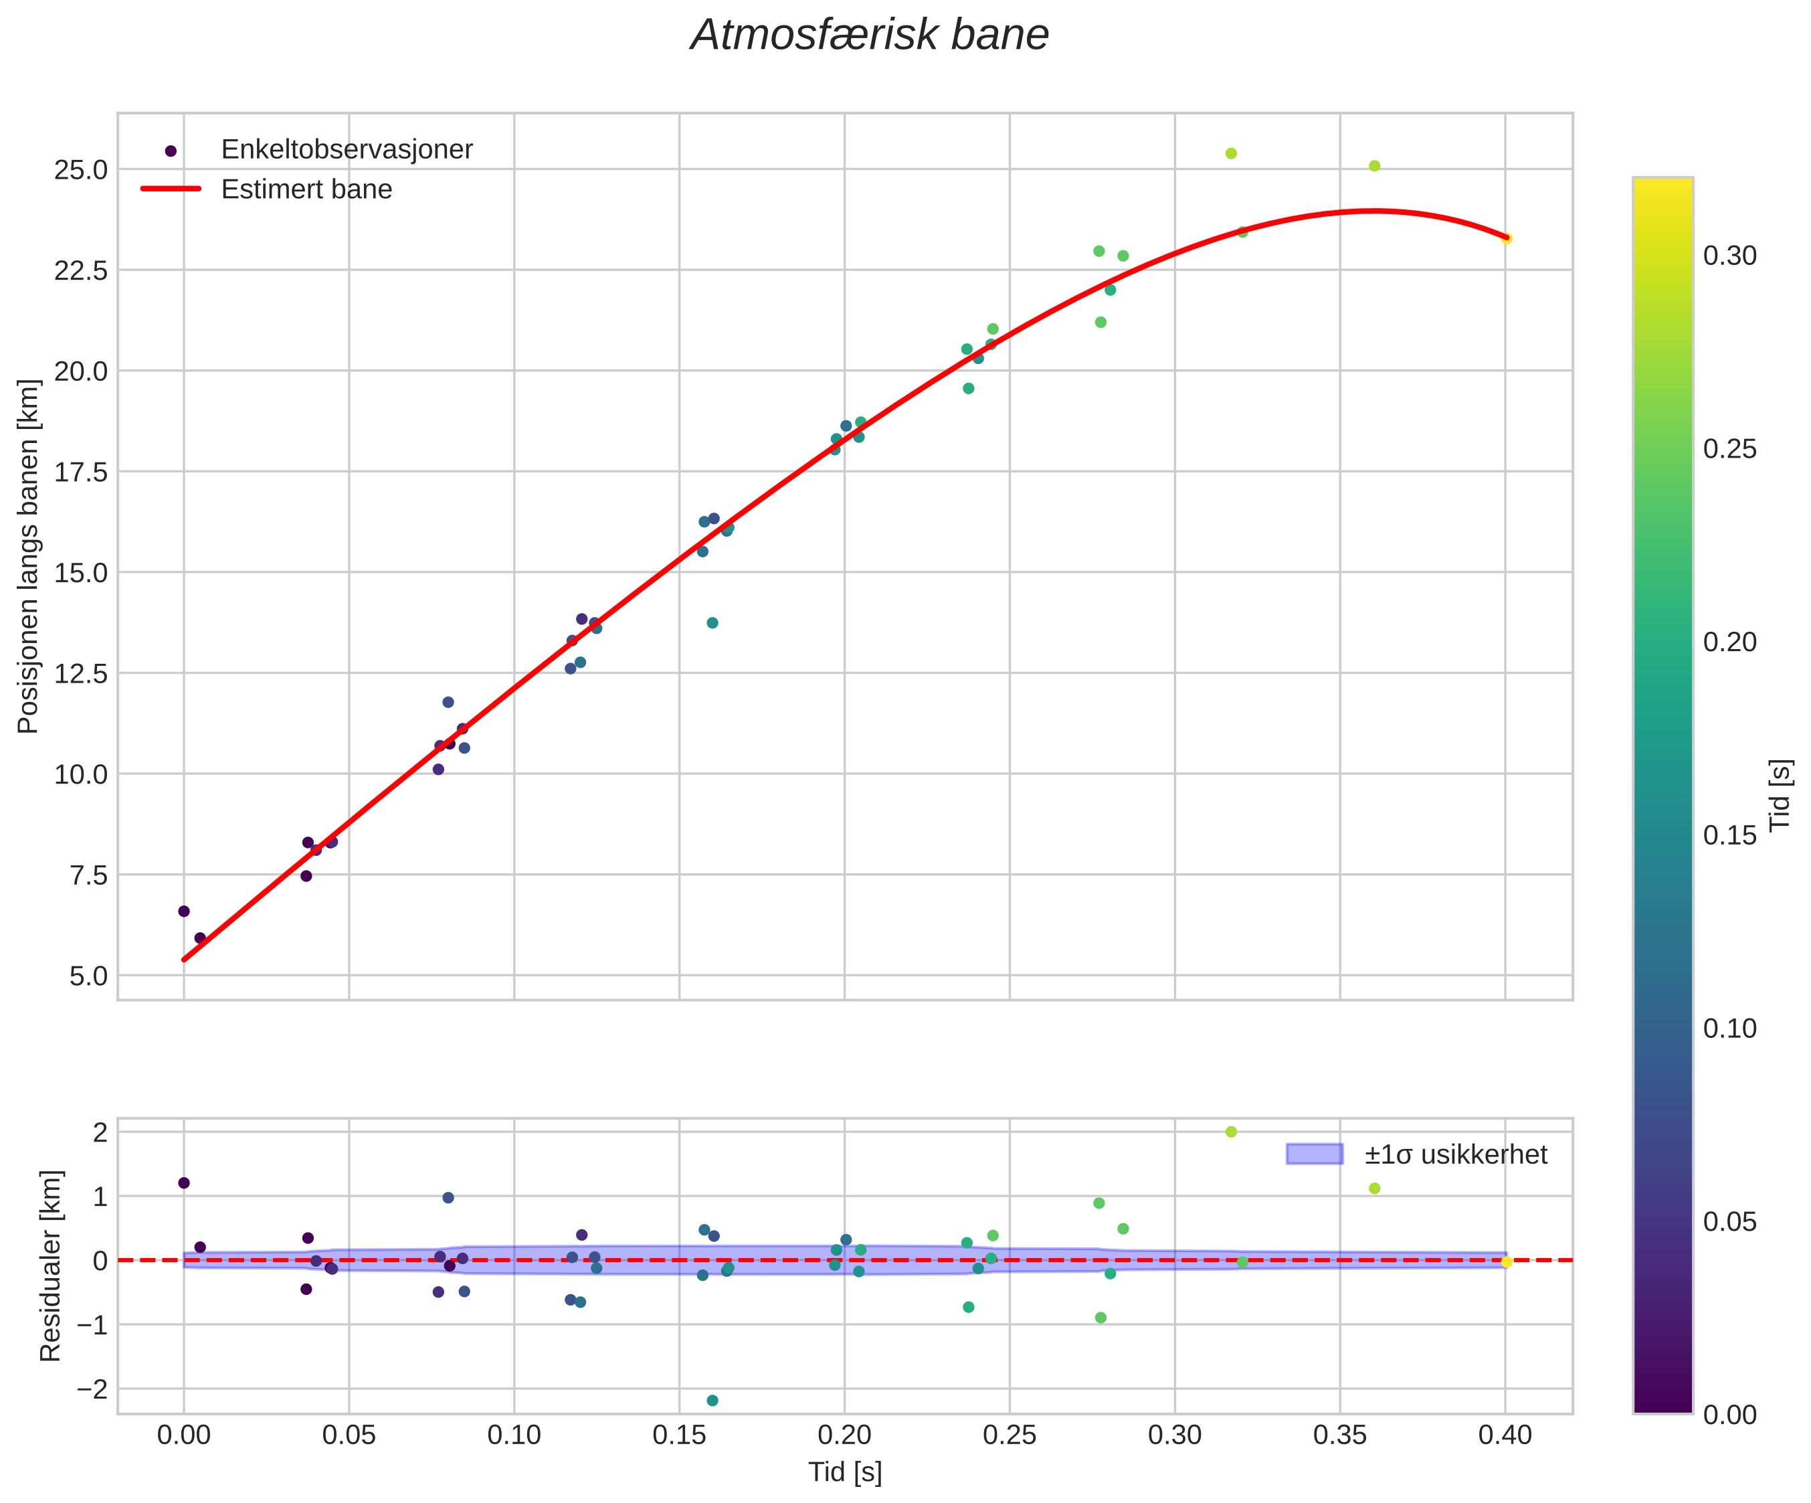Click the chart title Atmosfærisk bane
pos(869,36)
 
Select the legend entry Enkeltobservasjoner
pos(347,149)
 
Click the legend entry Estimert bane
pos(306,189)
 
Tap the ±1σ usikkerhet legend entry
pos(1456,1154)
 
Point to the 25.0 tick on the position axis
pos(81,170)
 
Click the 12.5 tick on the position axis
pos(81,674)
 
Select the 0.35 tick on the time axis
pos(1339,1435)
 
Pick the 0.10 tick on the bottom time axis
pos(514,1435)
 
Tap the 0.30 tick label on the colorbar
pos(1729,256)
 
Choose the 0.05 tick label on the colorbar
pos(1729,1222)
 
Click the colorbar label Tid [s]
pos(1780,794)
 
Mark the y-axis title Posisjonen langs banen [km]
pos(29,557)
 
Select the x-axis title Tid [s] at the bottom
pos(844,1473)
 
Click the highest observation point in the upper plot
pos(1230,153)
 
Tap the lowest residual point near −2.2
pos(712,1401)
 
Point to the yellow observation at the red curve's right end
pos(1506,239)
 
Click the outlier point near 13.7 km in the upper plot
pos(712,623)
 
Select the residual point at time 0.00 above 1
pos(184,1183)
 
